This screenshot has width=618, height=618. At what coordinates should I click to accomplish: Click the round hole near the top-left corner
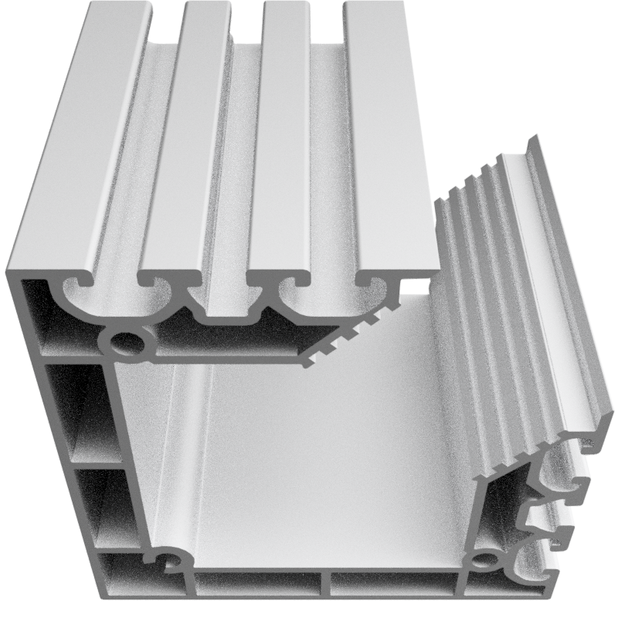tap(124, 341)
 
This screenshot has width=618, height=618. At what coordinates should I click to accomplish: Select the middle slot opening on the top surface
tap(247, 23)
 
